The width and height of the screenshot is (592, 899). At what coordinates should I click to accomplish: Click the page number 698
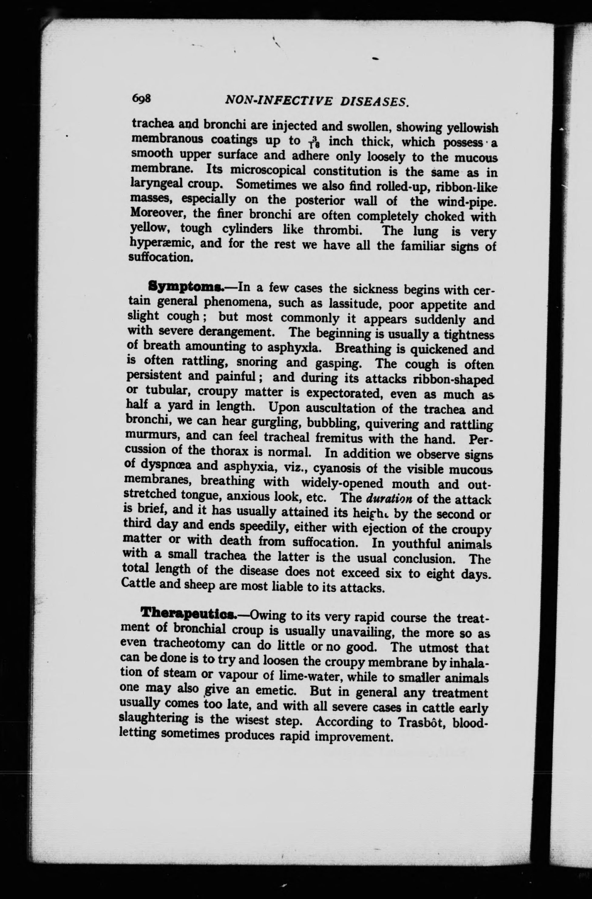click(141, 99)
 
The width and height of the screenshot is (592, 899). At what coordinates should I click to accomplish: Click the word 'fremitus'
click(342, 438)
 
